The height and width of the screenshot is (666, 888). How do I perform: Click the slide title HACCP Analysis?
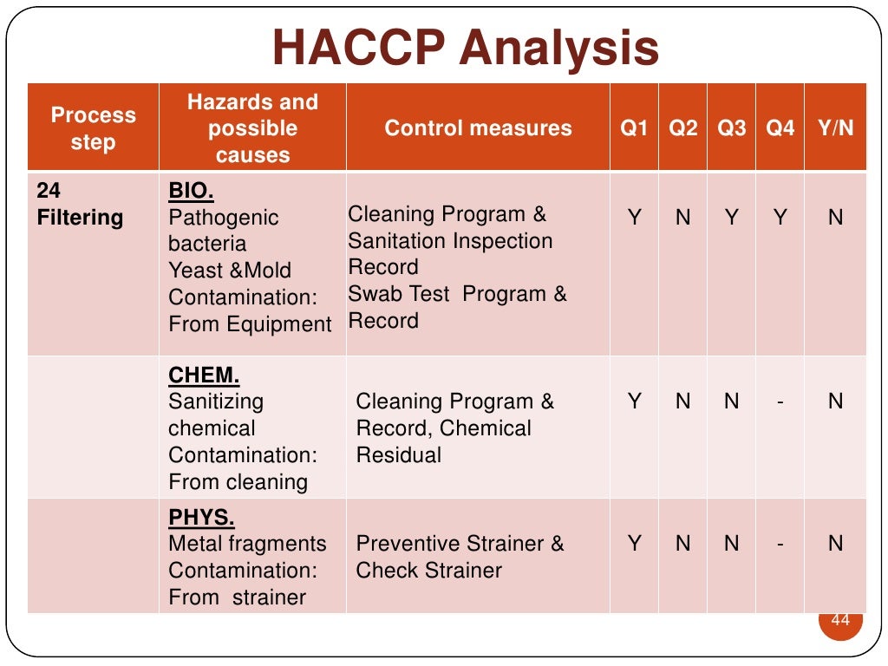[466, 48]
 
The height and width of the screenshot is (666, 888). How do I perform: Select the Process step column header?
[93, 128]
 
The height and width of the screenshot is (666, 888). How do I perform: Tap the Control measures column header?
[478, 128]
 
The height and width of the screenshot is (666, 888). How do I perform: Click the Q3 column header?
[731, 128]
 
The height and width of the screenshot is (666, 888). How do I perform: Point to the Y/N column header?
[835, 128]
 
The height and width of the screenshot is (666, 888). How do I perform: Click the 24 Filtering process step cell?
[81, 204]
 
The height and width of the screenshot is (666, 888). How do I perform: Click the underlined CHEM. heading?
[204, 375]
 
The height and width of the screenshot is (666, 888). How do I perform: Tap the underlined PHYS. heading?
[201, 518]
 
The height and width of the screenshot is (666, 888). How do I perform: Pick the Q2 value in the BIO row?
[682, 218]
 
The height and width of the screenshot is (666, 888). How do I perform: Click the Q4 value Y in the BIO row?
[780, 218]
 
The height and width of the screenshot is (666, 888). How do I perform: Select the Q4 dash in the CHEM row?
[780, 402]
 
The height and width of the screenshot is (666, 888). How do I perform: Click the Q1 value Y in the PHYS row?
[635, 544]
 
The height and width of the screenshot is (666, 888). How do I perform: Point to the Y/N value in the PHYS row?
[835, 544]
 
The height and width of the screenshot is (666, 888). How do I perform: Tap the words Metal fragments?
[247, 544]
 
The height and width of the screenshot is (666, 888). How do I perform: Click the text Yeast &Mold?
[230, 271]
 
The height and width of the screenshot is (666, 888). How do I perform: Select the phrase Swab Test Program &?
[457, 294]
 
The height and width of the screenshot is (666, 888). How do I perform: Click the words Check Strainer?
[429, 571]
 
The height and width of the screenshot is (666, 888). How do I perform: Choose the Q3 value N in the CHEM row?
[731, 402]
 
